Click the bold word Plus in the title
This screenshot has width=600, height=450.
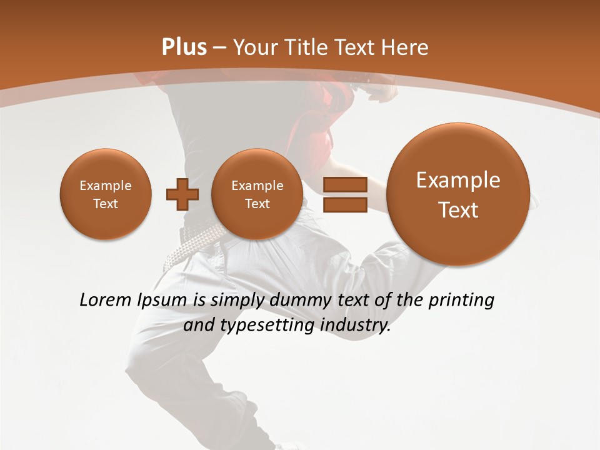[184, 47]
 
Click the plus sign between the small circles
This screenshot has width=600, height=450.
[182, 194]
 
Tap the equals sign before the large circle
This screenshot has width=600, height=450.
[344, 194]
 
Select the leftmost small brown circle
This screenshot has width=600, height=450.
[106, 194]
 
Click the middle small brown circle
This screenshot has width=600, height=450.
[257, 194]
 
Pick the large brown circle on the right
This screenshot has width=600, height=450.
[458, 194]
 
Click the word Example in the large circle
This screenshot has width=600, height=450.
[458, 180]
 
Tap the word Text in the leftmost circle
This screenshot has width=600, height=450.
[106, 204]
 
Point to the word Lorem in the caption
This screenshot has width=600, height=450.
[106, 300]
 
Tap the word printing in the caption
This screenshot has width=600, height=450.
[461, 301]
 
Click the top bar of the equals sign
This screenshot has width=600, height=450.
[344, 184]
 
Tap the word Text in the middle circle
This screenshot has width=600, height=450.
[257, 204]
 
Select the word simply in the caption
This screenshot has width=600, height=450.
[237, 301]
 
